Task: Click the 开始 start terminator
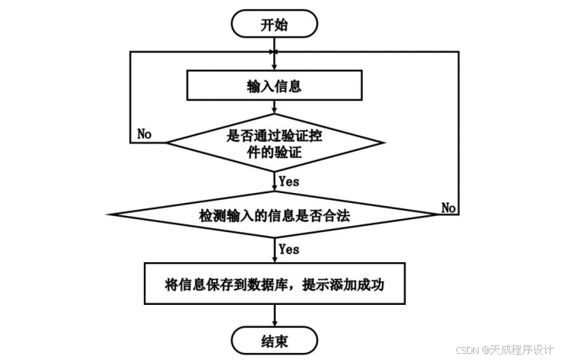(275, 25)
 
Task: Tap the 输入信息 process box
(275, 86)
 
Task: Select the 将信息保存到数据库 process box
(275, 285)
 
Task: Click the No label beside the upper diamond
(144, 134)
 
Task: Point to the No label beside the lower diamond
(449, 208)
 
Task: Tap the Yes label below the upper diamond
(289, 182)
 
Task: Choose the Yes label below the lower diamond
(289, 249)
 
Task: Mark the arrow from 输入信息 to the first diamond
(275, 109)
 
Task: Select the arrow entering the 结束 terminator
(275, 316)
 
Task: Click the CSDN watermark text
(467, 349)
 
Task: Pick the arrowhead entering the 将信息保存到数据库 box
(275, 261)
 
